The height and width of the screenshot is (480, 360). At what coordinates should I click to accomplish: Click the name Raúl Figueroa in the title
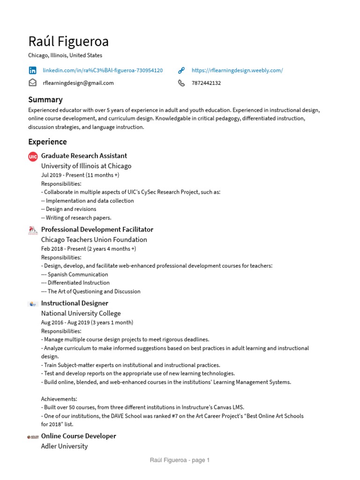click(x=68, y=42)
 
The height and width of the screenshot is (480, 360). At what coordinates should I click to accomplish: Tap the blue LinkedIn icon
click(x=32, y=70)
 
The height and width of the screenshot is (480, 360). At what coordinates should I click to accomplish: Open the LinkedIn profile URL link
click(x=103, y=70)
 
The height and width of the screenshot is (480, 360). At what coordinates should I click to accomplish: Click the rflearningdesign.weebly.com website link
click(x=237, y=70)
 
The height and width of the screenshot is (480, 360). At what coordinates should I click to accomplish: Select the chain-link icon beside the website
click(x=181, y=70)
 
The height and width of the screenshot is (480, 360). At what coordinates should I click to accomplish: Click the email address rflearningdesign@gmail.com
click(x=78, y=83)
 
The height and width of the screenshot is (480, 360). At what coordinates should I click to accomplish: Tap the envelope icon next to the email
click(x=32, y=83)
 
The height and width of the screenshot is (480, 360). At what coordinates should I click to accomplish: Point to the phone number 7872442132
click(x=206, y=83)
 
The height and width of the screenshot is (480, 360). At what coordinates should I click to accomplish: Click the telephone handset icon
click(x=181, y=83)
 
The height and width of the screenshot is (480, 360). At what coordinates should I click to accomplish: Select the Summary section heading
click(x=45, y=99)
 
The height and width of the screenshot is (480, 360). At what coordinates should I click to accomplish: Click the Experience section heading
click(x=47, y=142)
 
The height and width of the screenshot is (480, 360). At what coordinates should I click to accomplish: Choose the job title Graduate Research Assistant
click(x=84, y=156)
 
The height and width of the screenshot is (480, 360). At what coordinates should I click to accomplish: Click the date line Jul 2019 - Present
click(x=80, y=175)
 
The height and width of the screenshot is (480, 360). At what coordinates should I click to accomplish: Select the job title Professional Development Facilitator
click(x=97, y=229)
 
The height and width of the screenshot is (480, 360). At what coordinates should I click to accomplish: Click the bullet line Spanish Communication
click(x=75, y=274)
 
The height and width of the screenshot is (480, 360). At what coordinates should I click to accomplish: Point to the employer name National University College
click(x=81, y=313)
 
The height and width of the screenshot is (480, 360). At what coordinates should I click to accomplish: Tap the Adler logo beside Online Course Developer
click(x=33, y=437)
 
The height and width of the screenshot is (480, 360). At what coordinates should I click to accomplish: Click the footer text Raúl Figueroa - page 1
click(x=180, y=460)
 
